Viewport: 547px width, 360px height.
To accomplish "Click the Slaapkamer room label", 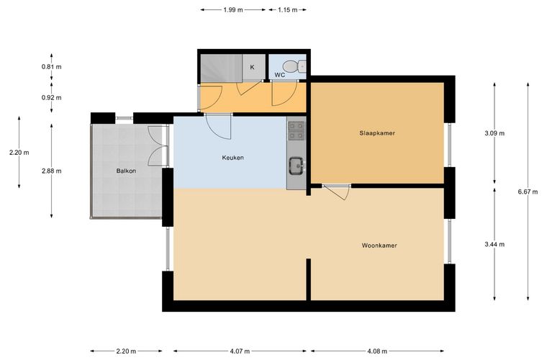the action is click(377, 133).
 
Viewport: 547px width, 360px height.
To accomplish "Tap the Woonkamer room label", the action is click(379, 246).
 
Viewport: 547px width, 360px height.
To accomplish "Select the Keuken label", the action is click(232, 158).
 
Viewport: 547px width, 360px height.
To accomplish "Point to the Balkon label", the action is click(126, 171).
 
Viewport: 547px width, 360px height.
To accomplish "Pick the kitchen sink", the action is click(297, 166).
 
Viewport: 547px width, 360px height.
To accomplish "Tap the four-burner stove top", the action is click(297, 130).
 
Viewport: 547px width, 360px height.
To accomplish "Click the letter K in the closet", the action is click(252, 67).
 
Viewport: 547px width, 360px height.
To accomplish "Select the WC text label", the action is click(280, 75).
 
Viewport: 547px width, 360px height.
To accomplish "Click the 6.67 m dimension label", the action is click(528, 192).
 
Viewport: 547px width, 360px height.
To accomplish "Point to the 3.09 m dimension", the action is click(494, 133).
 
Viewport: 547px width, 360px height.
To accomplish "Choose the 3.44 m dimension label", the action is click(494, 244).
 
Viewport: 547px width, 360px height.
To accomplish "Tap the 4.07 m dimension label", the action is click(240, 351).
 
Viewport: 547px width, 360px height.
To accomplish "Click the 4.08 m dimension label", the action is click(377, 351).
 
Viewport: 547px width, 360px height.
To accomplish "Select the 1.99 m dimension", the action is click(233, 10).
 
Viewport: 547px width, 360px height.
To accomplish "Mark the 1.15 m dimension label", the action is click(288, 10).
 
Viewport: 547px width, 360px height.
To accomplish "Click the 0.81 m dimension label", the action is click(51, 67).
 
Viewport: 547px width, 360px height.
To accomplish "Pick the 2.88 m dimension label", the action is click(51, 171).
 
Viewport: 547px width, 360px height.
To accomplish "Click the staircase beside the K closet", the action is click(221, 68).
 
